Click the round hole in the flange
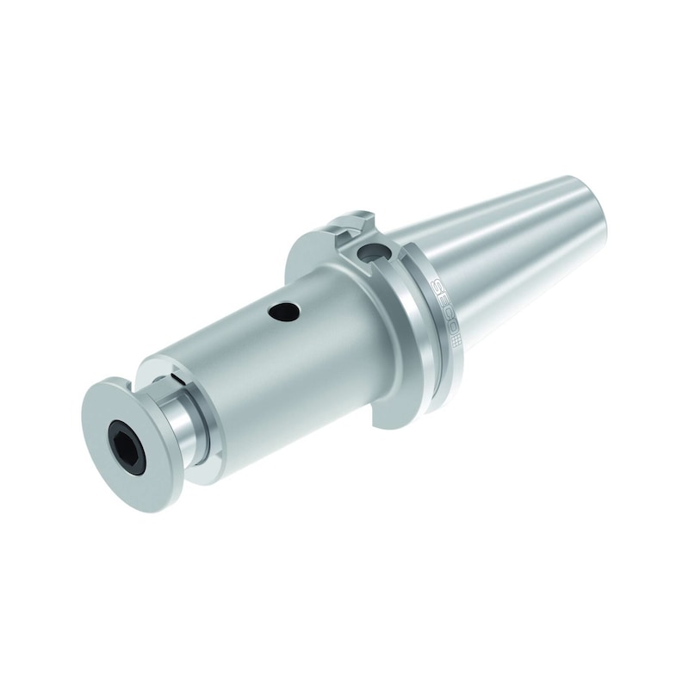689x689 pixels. click(371, 252)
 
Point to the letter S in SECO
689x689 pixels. click(437, 286)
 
